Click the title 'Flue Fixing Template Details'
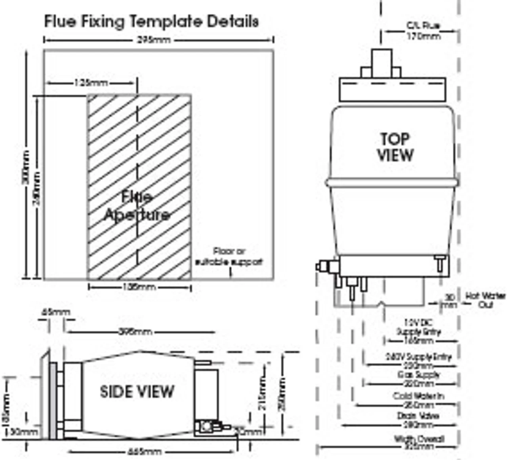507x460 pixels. (x=151, y=21)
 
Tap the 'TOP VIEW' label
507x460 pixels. (x=395, y=147)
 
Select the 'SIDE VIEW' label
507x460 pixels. (x=137, y=392)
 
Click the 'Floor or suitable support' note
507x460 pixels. (x=229, y=257)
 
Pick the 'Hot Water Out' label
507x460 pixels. (x=485, y=300)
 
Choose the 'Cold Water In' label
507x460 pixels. (x=418, y=396)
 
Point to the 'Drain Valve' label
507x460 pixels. (x=418, y=416)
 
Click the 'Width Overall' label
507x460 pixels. (x=419, y=439)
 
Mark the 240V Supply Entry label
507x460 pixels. (x=418, y=357)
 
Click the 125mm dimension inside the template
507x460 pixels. (x=91, y=83)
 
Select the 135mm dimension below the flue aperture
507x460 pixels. (x=139, y=287)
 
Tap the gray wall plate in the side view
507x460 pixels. (x=53, y=400)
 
